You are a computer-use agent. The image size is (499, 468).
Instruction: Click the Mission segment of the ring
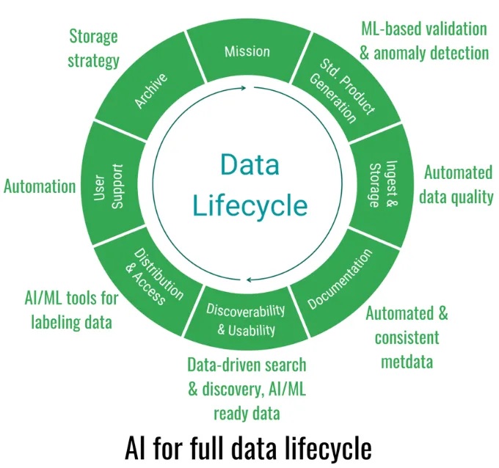247,52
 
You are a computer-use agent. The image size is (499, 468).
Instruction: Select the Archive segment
151,89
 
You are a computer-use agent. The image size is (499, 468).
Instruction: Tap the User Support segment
108,186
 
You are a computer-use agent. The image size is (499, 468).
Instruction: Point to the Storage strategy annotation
93,48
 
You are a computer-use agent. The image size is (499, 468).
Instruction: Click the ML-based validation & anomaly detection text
424,41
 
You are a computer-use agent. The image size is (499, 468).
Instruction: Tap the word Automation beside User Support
40,186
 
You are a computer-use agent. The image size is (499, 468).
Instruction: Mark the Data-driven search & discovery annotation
247,389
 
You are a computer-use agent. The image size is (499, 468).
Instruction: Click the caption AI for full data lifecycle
249,446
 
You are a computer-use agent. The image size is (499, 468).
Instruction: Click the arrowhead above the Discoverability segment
250,279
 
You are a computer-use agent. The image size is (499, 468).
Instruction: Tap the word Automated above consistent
407,314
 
